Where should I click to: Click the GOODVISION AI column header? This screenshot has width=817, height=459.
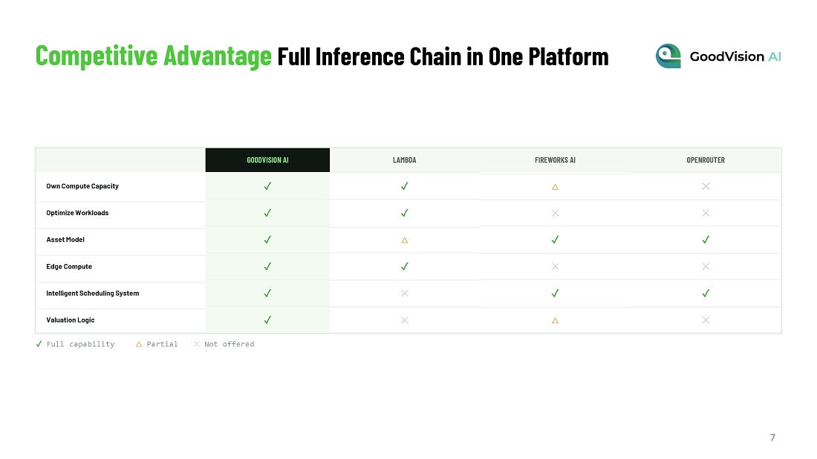coord(267,160)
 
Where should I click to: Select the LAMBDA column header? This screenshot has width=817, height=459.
coord(404,160)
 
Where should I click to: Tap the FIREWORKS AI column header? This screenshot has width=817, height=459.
coord(555,160)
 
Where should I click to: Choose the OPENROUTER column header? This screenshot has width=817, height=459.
coord(706,160)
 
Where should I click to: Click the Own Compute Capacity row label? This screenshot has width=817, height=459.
coord(82,186)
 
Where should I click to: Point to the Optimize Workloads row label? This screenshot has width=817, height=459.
coord(77,213)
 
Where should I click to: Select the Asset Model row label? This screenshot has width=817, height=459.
coord(65,240)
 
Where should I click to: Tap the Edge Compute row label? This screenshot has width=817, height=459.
coord(69,266)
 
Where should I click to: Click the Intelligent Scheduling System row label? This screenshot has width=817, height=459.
coord(92,294)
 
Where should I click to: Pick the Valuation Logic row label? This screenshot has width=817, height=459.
coord(71,320)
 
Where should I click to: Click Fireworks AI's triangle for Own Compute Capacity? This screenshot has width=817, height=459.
coord(555,187)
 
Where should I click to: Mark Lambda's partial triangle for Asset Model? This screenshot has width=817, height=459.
coord(404,240)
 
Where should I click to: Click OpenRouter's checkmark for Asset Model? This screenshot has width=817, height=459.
coord(706,240)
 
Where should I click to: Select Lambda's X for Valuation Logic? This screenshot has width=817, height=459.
coord(404,320)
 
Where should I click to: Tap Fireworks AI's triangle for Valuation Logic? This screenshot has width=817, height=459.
coord(555,320)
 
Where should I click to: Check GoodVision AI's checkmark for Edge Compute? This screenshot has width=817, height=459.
coord(267,266)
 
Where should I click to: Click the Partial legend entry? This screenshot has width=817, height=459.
coord(156,344)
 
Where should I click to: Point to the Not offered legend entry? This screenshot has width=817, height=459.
coord(224,344)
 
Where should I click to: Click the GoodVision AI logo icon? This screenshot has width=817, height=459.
coord(668,56)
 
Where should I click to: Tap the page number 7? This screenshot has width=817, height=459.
coord(772,437)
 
